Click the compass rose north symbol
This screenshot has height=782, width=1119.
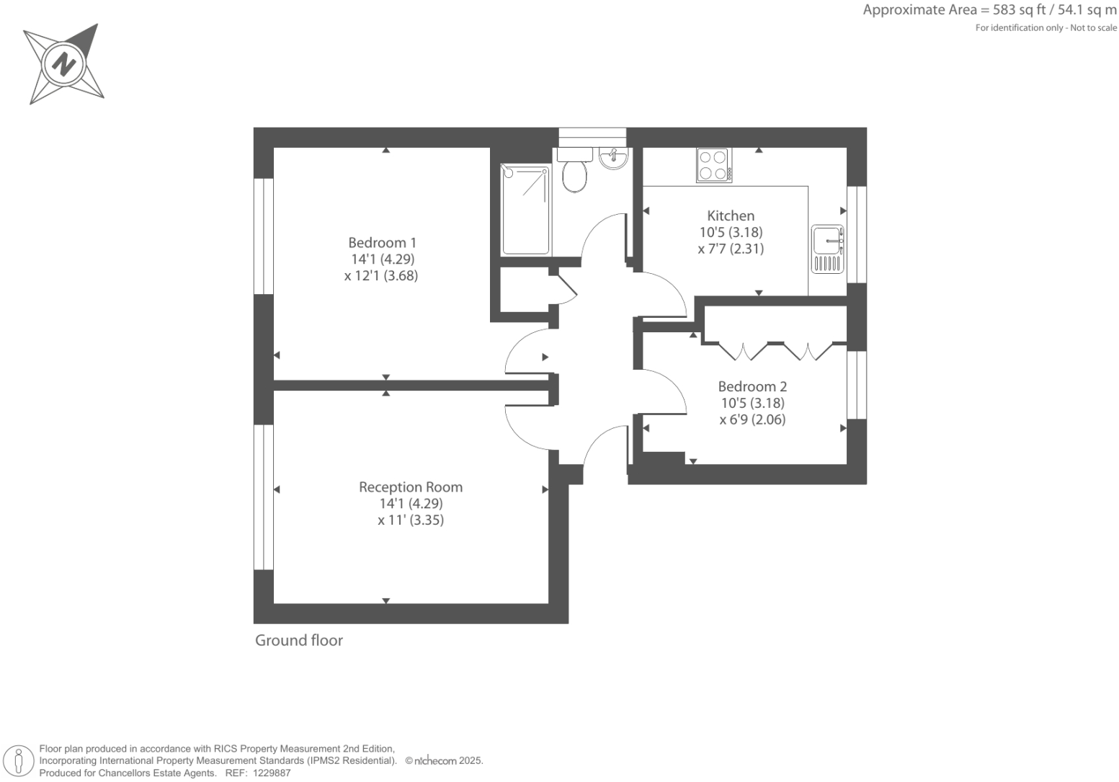64,64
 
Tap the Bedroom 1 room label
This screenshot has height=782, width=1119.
382,243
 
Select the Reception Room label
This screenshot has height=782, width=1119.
411,487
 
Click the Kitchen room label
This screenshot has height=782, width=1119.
731,216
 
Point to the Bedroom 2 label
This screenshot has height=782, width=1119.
752,386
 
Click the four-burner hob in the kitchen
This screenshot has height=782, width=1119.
713,165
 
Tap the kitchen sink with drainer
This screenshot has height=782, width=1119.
828,249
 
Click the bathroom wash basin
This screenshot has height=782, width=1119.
613,158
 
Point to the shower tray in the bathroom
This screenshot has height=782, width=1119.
525,210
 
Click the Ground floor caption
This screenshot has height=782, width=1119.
299,640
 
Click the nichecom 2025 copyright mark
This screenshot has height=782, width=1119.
443,760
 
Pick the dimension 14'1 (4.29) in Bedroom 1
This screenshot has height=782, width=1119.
382,259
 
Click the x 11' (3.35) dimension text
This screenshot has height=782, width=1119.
411,520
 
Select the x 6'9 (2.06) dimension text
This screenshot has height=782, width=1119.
752,419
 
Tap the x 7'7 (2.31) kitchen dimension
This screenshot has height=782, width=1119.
731,249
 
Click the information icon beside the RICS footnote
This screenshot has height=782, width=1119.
19,761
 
